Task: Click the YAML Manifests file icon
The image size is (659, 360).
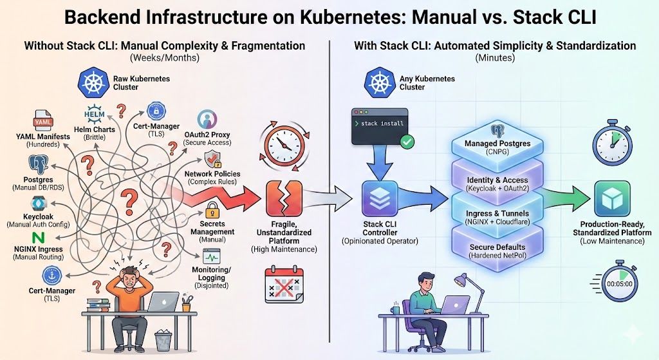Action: (x=42, y=121)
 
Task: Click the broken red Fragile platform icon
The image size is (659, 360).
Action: (x=281, y=195)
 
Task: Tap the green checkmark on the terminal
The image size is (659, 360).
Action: (x=407, y=141)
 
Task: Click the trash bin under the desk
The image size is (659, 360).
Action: (x=163, y=339)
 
